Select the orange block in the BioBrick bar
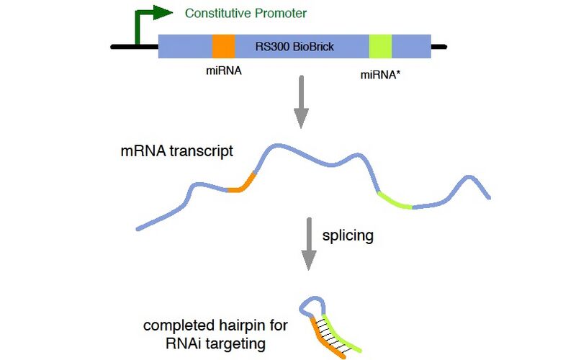click(224, 47)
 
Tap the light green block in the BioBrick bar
click(380, 47)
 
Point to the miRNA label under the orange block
click(224, 71)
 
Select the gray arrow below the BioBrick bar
click(302, 106)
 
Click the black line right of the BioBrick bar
click(438, 48)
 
